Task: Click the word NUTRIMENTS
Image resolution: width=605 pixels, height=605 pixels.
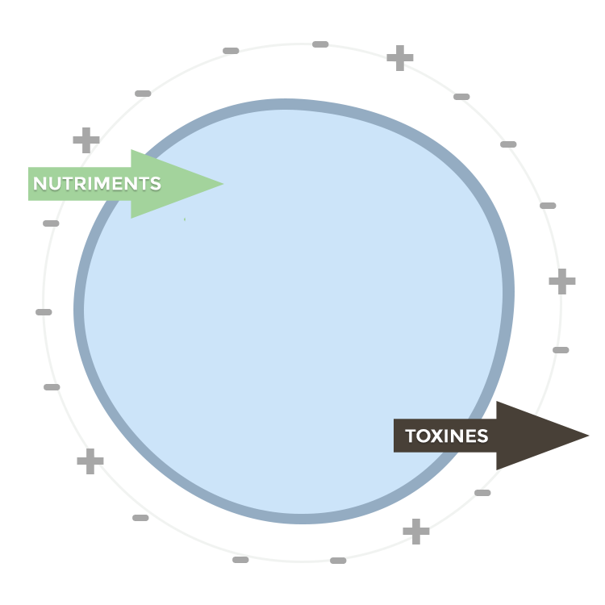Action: (x=97, y=184)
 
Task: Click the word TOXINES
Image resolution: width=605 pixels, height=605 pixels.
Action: (x=446, y=436)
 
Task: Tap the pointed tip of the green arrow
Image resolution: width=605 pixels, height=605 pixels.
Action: (x=221, y=183)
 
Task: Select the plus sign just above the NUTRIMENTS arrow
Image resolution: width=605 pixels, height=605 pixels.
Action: (x=86, y=140)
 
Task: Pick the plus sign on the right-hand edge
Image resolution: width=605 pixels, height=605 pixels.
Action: (x=562, y=282)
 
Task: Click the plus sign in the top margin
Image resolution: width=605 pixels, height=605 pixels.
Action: (x=399, y=57)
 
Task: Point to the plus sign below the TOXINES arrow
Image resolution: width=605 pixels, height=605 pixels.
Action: (x=416, y=531)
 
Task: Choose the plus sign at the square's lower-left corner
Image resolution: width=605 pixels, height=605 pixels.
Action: (x=90, y=461)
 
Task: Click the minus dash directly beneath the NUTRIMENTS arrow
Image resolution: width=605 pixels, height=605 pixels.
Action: (x=51, y=223)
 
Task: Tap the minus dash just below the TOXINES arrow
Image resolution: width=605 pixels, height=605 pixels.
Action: (x=482, y=493)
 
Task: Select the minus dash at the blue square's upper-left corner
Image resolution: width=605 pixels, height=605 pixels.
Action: (x=143, y=94)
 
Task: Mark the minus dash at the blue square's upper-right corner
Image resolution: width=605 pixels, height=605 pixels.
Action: (x=461, y=97)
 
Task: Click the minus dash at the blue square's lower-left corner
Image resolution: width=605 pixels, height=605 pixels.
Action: (x=140, y=518)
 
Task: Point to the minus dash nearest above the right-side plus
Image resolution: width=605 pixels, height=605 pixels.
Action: (x=548, y=206)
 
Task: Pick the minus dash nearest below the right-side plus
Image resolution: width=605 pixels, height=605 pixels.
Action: (x=561, y=350)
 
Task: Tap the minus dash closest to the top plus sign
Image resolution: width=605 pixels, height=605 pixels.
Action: (x=320, y=44)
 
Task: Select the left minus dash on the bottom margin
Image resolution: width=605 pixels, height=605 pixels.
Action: (x=240, y=560)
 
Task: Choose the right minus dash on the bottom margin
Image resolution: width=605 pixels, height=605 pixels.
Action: (x=338, y=561)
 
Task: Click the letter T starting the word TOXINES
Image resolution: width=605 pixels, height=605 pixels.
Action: (x=411, y=436)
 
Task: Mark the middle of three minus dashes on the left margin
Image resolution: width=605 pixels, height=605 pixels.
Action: (x=44, y=312)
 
